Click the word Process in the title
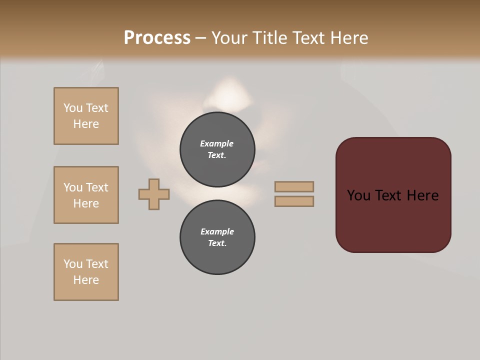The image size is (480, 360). point(157,38)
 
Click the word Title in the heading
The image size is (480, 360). point(269,38)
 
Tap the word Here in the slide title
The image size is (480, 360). point(348,38)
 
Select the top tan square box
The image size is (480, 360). point(86,116)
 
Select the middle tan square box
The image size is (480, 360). point(86,195)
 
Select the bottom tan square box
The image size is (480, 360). point(86,272)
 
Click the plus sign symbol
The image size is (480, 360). point(154,194)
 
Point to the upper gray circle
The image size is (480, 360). point(217,149)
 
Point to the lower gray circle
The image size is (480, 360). point(217,237)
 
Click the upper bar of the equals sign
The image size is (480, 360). point(294,186)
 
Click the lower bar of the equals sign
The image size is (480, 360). point(294,201)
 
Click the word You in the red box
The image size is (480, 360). point(358,195)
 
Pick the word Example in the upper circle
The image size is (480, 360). point(216,143)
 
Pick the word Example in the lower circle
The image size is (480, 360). point(217,231)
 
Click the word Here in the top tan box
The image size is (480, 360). point(86,124)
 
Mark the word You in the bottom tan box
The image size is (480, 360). point(73,264)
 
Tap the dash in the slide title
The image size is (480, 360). point(201,38)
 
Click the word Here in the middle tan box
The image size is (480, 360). point(86,203)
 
